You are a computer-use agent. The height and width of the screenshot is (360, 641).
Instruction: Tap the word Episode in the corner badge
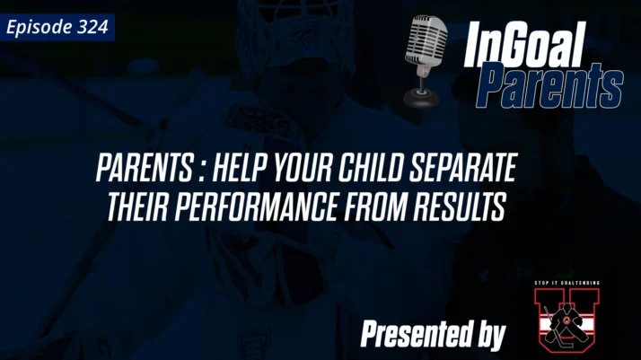click(39, 27)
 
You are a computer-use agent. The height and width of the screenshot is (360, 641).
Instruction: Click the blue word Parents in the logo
click(549, 87)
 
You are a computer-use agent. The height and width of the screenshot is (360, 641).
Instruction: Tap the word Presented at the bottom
click(411, 334)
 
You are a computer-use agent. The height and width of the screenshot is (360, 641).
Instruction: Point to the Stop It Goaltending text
click(565, 283)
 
